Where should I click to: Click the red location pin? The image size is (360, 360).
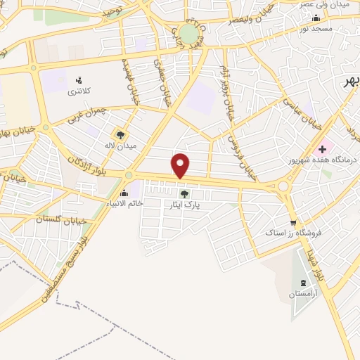[x=181, y=165]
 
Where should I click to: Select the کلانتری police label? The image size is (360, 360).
[x=78, y=92]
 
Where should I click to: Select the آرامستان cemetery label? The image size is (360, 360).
[x=302, y=295]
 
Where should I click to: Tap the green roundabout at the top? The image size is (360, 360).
[x=188, y=33]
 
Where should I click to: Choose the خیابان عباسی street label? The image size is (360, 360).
[x=302, y=112]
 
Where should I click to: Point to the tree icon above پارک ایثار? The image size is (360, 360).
[x=185, y=193]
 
